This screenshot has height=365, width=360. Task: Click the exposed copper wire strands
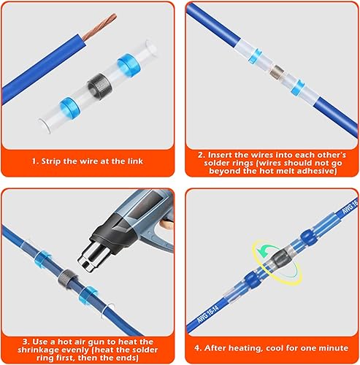(99, 27)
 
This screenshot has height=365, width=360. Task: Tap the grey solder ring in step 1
(100, 87)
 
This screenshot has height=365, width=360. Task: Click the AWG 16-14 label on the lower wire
(207, 313)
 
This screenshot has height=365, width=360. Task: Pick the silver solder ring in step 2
(277, 71)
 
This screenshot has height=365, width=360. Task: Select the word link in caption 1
(135, 161)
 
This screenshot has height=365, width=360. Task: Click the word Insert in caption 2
(221, 155)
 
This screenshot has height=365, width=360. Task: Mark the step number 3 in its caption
(25, 342)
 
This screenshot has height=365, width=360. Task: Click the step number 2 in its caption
(201, 155)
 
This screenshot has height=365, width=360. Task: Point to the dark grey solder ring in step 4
(280, 258)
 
